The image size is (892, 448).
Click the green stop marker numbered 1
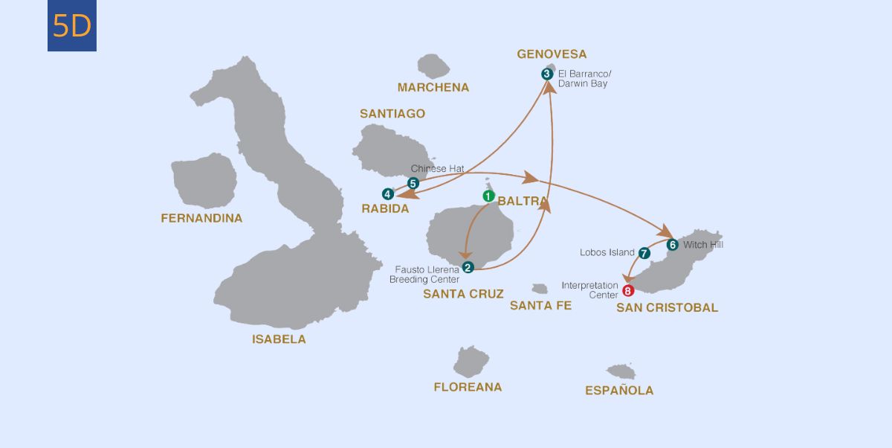[x=488, y=196]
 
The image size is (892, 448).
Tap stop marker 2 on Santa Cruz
[x=468, y=268]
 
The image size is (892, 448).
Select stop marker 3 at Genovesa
[x=547, y=74]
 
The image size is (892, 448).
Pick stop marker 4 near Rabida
[x=387, y=194]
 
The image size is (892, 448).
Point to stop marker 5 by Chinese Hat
[x=414, y=182]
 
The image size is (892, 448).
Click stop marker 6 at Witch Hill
[x=672, y=244]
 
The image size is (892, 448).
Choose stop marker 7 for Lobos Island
[x=644, y=253]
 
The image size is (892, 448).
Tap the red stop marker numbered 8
[x=628, y=291]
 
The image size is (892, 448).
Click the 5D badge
[x=72, y=26]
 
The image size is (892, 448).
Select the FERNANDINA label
[x=201, y=218]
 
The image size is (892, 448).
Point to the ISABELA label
[x=279, y=339]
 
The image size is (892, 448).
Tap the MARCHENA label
[x=433, y=88]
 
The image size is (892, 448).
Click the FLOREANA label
[x=468, y=387]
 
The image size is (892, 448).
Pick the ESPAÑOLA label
[x=619, y=391]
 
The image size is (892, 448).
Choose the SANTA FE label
[x=540, y=305]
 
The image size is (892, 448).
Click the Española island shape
[x=621, y=371]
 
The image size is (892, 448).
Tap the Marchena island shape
[x=433, y=66]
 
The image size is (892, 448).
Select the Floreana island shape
[x=471, y=362]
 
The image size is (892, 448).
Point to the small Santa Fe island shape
[x=540, y=288]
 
